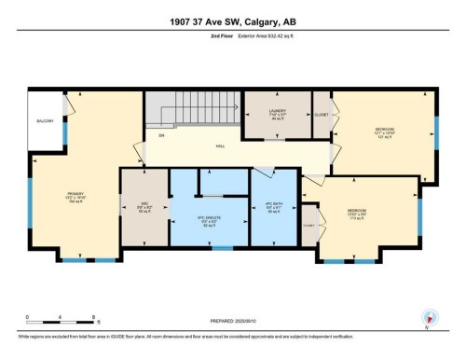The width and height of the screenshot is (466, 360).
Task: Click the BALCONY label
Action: (45, 121)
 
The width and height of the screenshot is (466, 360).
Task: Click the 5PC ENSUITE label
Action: (211, 221)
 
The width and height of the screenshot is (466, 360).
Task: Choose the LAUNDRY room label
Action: (276, 113)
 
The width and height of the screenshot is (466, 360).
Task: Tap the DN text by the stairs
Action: (160, 136)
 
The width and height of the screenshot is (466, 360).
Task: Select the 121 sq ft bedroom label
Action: (385, 132)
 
